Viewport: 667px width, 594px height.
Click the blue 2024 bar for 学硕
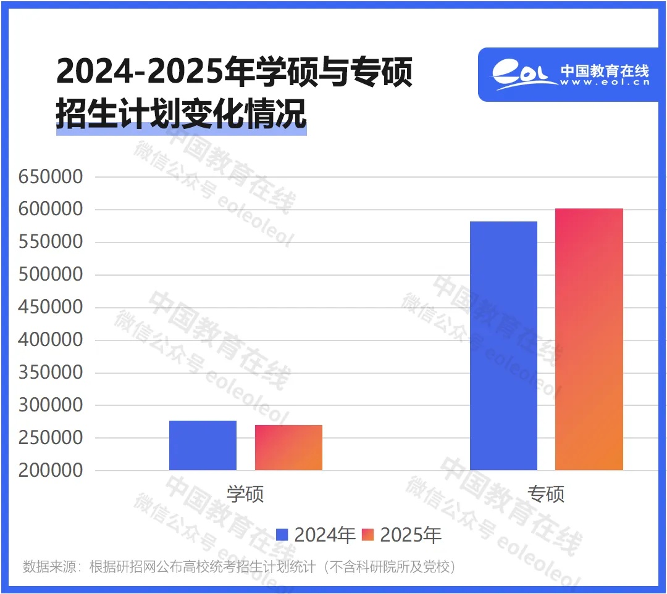click(x=203, y=445)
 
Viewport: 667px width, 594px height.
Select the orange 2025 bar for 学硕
click(x=288, y=448)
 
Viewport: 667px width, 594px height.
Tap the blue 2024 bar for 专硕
click(x=503, y=345)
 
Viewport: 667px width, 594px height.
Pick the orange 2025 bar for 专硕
click(x=589, y=339)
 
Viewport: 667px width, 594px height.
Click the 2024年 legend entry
click(x=316, y=535)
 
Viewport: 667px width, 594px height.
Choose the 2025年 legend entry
click(x=402, y=535)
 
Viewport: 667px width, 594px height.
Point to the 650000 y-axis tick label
click(x=51, y=177)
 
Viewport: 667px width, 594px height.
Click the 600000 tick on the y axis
click(x=51, y=210)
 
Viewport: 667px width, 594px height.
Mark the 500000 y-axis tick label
click(x=51, y=274)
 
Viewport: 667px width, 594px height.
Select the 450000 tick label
click(x=51, y=307)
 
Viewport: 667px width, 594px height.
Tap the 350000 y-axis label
click(x=51, y=373)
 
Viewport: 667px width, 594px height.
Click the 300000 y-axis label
click(x=51, y=405)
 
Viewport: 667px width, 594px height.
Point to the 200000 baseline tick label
click(x=51, y=470)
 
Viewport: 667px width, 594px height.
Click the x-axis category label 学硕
click(x=245, y=494)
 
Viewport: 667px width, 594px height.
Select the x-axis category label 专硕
click(x=546, y=494)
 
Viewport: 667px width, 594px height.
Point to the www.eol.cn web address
click(x=605, y=83)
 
